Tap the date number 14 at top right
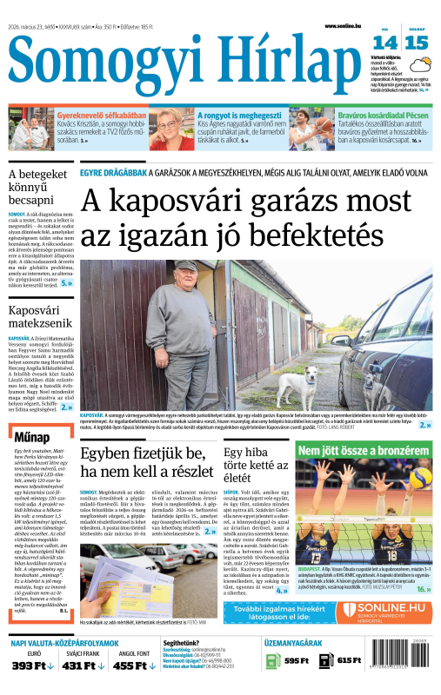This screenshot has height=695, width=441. [385, 43]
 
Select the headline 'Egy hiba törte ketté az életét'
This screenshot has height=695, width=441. [255, 465]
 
